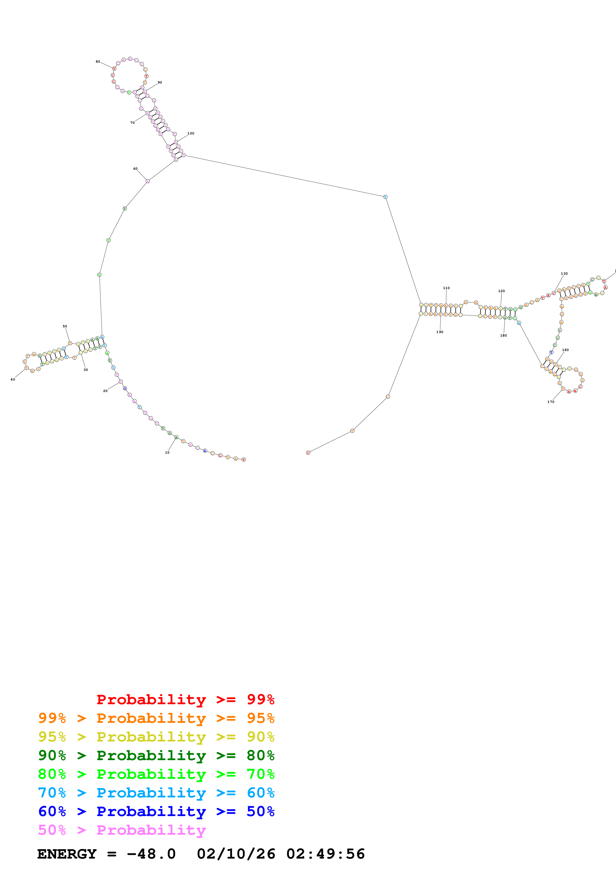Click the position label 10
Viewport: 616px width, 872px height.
[167, 453]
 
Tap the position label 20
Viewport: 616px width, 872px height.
[105, 391]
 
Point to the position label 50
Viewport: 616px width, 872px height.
[65, 326]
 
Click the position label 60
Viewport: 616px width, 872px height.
[135, 169]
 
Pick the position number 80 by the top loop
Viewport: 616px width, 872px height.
[98, 62]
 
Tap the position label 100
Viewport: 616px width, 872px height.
[191, 133]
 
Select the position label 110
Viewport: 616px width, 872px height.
[446, 288]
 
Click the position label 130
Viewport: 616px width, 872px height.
[564, 273]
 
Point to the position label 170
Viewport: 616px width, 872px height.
[551, 402]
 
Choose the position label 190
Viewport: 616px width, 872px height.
[440, 332]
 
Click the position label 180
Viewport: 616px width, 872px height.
[503, 335]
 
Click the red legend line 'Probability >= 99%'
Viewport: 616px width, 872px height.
[185, 699]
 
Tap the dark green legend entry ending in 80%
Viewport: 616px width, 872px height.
[156, 755]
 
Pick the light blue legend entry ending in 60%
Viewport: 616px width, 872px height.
[156, 793]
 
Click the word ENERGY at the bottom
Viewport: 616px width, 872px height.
[67, 854]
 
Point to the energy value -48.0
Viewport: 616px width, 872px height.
[151, 854]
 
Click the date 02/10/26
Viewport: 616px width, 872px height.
[236, 854]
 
